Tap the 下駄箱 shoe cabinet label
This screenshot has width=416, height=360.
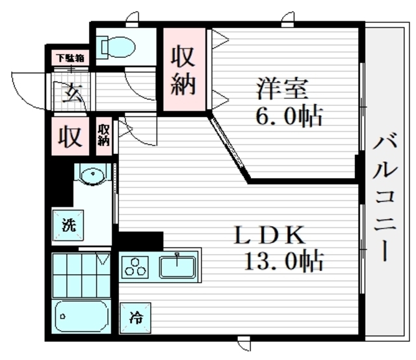(x=71, y=58)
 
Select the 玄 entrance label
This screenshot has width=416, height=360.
(x=72, y=93)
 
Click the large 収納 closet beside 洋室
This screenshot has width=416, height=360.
(x=184, y=70)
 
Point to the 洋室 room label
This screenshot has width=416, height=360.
(x=282, y=88)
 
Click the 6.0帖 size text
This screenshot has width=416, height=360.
(x=289, y=116)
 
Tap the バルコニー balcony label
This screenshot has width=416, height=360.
(x=385, y=198)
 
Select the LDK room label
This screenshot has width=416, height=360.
(x=270, y=235)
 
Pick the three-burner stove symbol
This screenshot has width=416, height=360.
(x=135, y=268)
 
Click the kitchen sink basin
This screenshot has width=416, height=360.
(x=177, y=266)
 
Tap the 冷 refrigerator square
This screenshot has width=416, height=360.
(x=135, y=318)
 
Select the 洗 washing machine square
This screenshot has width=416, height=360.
(x=68, y=225)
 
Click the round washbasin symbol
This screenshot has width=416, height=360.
(x=92, y=175)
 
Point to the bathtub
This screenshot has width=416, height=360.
(x=81, y=316)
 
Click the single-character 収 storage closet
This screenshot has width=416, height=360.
(x=70, y=136)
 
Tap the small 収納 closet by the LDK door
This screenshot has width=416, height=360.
(x=103, y=136)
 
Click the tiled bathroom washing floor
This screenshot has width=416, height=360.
(x=81, y=276)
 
